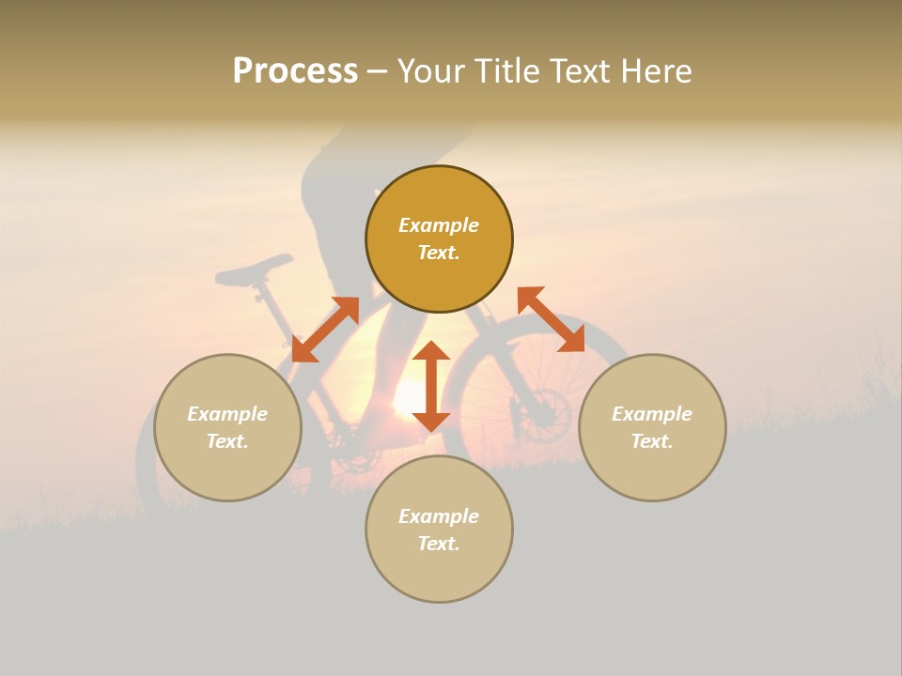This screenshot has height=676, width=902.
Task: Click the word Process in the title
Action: point(295,70)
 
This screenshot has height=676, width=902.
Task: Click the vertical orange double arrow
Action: point(431,386)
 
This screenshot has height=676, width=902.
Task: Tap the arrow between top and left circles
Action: point(325,329)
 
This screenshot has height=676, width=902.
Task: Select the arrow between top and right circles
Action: point(551,319)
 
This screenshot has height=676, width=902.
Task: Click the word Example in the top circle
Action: point(439,225)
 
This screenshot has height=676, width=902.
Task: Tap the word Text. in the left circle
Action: point(227,441)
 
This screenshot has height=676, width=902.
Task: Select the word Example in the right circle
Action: point(652,414)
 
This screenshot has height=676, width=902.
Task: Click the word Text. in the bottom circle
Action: point(439,544)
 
